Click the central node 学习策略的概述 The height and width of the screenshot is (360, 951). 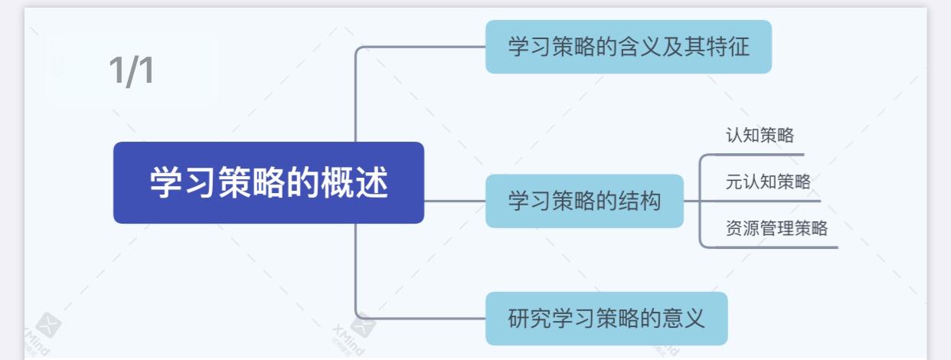pyautogui.click(x=268, y=183)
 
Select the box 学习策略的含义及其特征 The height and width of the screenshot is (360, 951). pyautogui.click(x=628, y=47)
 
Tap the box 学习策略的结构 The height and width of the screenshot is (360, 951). pyautogui.click(x=584, y=201)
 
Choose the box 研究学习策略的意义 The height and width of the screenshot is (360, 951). pyautogui.click(x=606, y=318)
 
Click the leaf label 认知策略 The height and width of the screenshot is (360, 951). pyautogui.click(x=760, y=136)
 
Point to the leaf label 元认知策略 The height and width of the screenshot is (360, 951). pyautogui.click(x=768, y=182)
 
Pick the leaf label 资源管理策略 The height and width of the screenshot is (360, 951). pyautogui.click(x=776, y=227)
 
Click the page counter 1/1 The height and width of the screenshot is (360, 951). pyautogui.click(x=131, y=70)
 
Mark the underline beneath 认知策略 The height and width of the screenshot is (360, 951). pyautogui.click(x=758, y=155)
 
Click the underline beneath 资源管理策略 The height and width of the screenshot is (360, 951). pyautogui.click(x=773, y=247)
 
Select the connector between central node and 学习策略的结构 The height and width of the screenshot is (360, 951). pyautogui.click(x=455, y=201)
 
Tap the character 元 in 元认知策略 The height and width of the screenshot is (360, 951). pyautogui.click(x=734, y=182)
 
